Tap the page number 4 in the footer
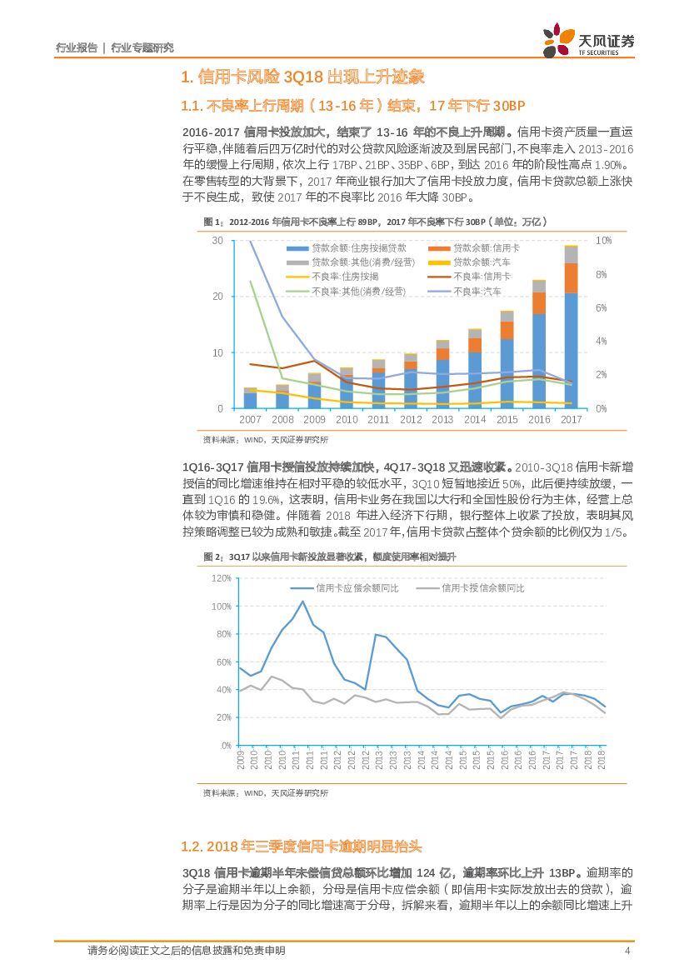(627, 951)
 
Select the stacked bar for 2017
(571, 327)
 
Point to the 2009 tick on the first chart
(314, 420)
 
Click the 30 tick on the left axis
(217, 241)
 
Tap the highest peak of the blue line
(302, 601)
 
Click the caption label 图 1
(213, 222)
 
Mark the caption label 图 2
(213, 557)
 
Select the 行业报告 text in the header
(76, 47)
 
